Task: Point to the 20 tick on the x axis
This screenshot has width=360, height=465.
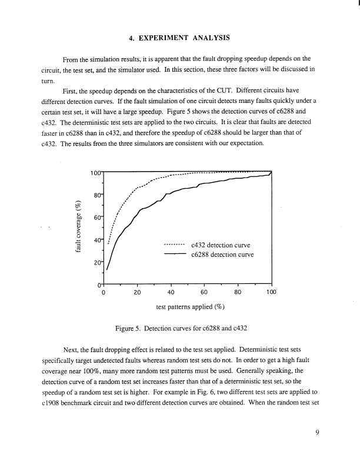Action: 137,292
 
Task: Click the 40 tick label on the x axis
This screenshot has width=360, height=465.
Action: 171,292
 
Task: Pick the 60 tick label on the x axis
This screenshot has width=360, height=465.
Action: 204,292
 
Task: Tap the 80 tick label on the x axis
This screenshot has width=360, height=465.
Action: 238,292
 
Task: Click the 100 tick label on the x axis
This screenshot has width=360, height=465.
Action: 271,292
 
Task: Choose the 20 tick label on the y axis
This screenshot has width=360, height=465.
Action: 95,263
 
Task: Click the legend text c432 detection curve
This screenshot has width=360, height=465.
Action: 221,245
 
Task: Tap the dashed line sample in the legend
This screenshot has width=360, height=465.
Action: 175,245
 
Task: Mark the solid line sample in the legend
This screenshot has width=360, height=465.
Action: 175,255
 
